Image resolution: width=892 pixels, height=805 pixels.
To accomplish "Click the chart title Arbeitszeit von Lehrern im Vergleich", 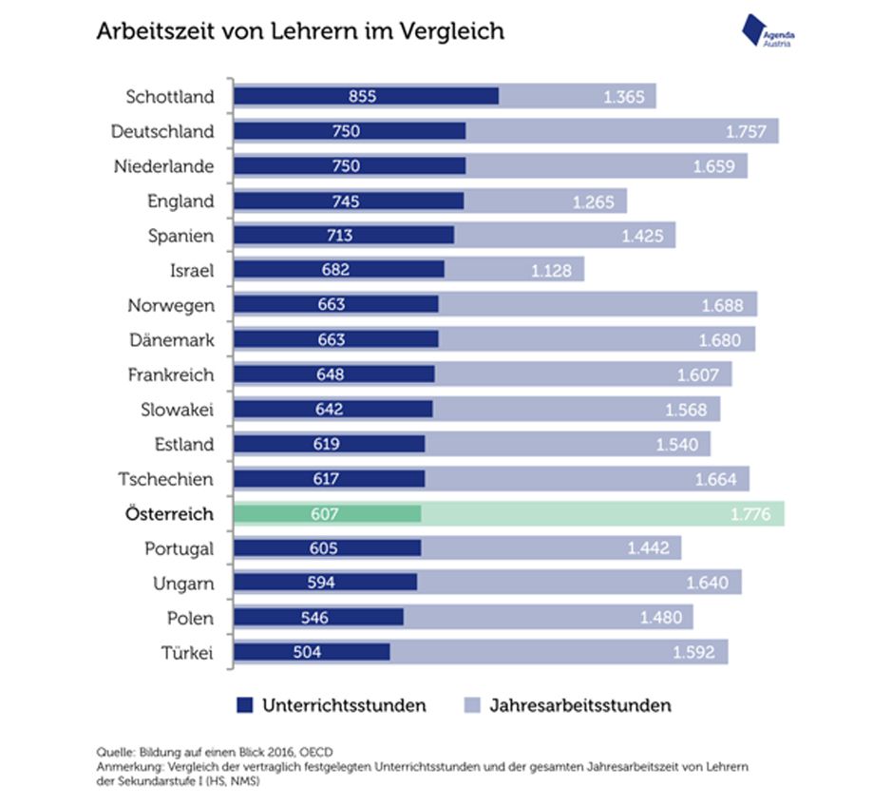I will tap(300, 31).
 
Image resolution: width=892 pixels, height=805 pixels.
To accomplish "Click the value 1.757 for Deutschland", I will tap(746, 131).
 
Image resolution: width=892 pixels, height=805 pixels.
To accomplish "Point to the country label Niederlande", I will tap(162, 166).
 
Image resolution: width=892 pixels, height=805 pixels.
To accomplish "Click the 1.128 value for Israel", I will tap(552, 271).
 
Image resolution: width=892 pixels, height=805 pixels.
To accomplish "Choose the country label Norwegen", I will tap(171, 305).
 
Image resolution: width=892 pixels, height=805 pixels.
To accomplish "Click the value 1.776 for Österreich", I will tap(750, 514).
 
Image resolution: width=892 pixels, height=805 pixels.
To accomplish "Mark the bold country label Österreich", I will tap(169, 514).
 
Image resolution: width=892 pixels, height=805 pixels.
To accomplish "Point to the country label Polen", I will tap(190, 619).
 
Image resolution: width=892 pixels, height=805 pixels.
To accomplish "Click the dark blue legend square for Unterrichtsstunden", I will tap(245, 705).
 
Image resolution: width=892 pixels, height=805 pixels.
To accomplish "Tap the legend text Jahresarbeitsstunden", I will tap(580, 705).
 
